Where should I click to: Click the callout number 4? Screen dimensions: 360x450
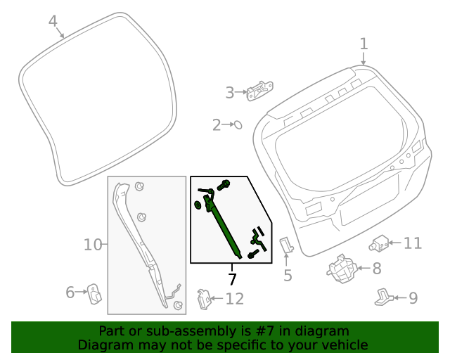click(53, 22)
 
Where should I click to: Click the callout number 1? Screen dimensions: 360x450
click(364, 44)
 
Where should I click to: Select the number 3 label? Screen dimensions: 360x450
click(229, 92)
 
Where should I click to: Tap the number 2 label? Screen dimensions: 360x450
click(217, 125)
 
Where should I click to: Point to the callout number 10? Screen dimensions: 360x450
click(93, 245)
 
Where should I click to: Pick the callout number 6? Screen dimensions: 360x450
click(70, 292)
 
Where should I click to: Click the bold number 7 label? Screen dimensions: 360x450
click(232, 278)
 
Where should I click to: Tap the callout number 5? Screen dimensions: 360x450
click(287, 275)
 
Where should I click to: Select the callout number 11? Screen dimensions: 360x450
click(412, 243)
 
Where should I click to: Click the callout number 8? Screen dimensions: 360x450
click(377, 268)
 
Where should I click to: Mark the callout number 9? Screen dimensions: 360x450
click(413, 298)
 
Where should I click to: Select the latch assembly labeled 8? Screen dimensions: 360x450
click(342, 269)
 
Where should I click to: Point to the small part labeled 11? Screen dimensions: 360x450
click(380, 243)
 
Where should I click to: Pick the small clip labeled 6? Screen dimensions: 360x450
click(93, 295)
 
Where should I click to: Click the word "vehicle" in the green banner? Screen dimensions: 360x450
click(343, 345)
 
